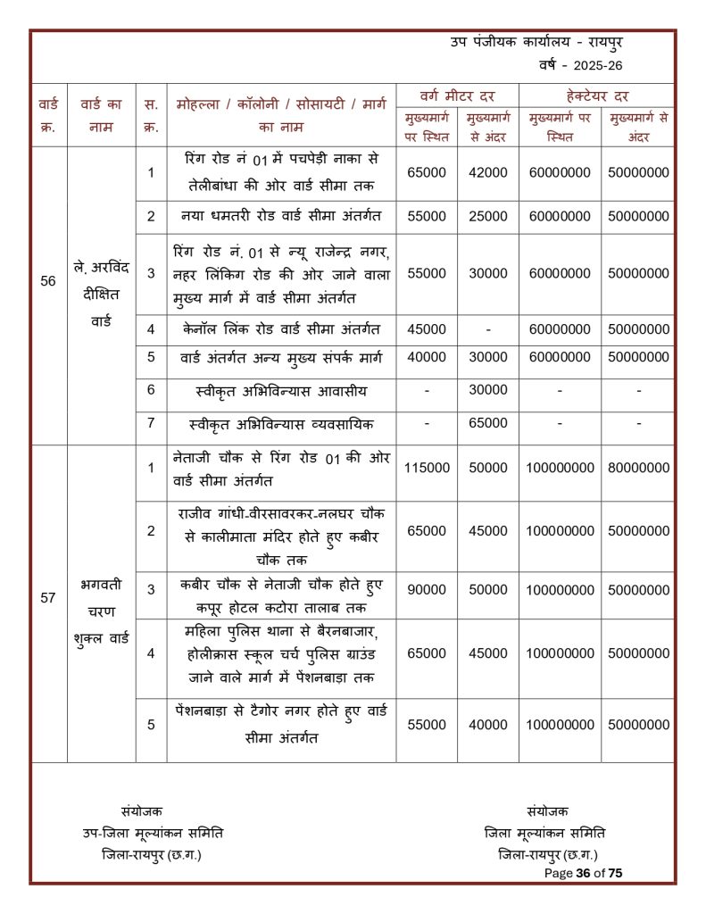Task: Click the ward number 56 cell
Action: tap(48, 280)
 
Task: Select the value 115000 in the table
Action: tap(427, 468)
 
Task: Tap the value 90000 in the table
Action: tap(427, 590)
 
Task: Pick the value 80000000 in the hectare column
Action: tap(639, 468)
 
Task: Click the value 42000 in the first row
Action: tap(488, 172)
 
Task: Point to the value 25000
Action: tap(488, 217)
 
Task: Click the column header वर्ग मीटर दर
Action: tap(457, 96)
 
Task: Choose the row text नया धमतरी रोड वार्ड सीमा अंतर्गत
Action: tap(281, 216)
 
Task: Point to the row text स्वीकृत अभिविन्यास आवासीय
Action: tap(281, 390)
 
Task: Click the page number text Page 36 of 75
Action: tap(583, 873)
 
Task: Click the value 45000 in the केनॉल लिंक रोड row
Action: tap(427, 329)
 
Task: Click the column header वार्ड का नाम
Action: tap(101, 115)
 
